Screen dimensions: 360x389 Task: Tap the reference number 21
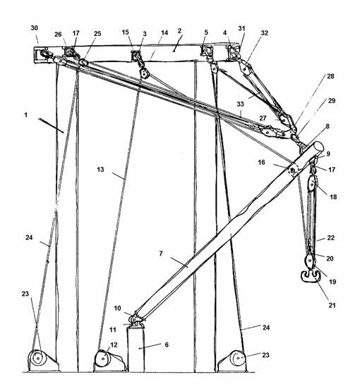click(x=332, y=305)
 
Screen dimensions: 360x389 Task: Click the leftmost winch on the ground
click(x=42, y=360)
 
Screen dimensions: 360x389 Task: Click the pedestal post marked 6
click(x=136, y=349)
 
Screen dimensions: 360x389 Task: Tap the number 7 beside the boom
click(x=161, y=253)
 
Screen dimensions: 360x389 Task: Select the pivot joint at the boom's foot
click(x=136, y=318)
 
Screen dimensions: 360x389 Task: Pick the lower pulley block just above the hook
click(x=310, y=261)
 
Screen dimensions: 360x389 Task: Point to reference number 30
click(x=35, y=28)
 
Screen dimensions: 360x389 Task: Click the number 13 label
click(x=100, y=169)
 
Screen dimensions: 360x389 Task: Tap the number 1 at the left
click(x=25, y=115)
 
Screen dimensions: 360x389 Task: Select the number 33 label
click(x=240, y=104)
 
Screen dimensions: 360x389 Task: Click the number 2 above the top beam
click(x=179, y=31)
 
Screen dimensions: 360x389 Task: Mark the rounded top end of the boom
click(x=318, y=147)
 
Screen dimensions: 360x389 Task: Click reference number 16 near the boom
click(x=261, y=162)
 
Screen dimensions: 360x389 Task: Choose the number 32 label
click(x=265, y=32)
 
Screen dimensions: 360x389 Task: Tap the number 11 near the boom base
click(x=113, y=330)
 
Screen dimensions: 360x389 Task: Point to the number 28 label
click(x=330, y=76)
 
